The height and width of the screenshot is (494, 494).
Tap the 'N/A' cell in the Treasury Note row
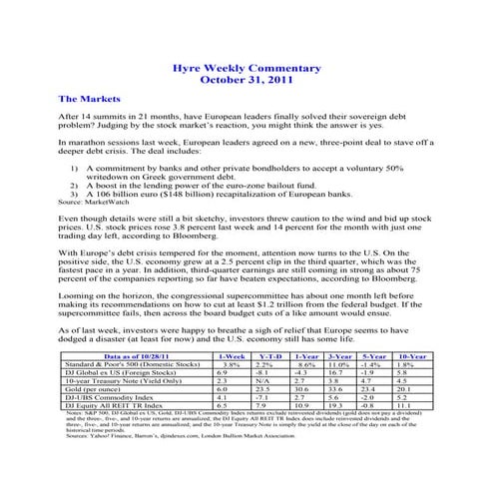click(263, 379)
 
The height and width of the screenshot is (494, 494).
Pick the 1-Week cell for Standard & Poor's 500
click(230, 363)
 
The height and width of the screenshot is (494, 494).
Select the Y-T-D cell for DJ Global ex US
click(263, 371)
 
